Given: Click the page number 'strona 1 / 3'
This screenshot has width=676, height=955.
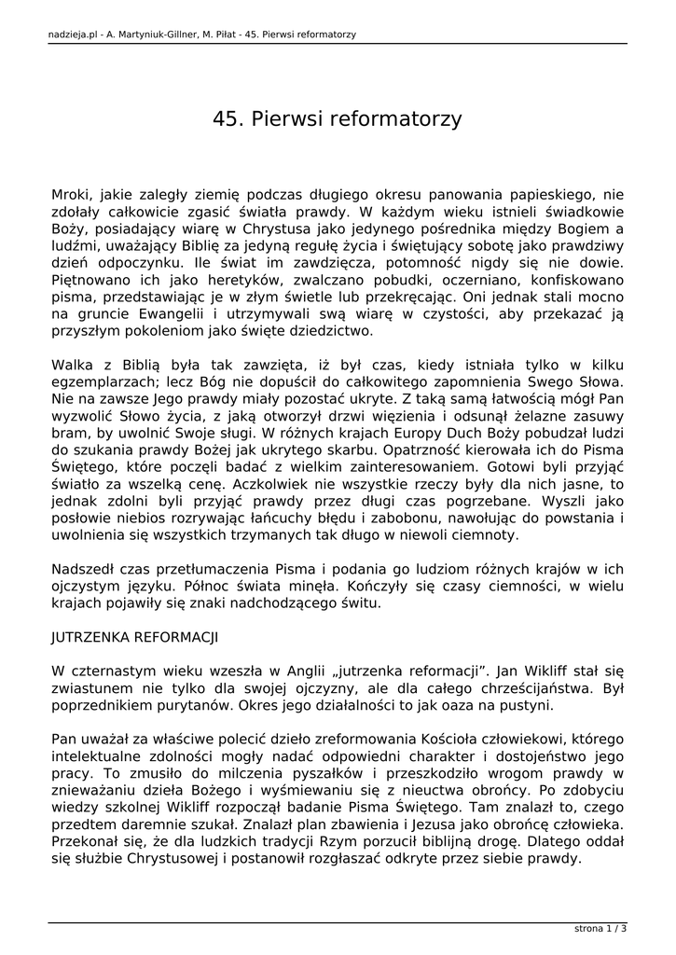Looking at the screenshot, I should (x=600, y=928).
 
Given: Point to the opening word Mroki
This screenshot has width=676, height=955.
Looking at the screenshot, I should (x=72, y=195).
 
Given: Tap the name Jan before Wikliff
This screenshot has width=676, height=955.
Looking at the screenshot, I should (x=508, y=671).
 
